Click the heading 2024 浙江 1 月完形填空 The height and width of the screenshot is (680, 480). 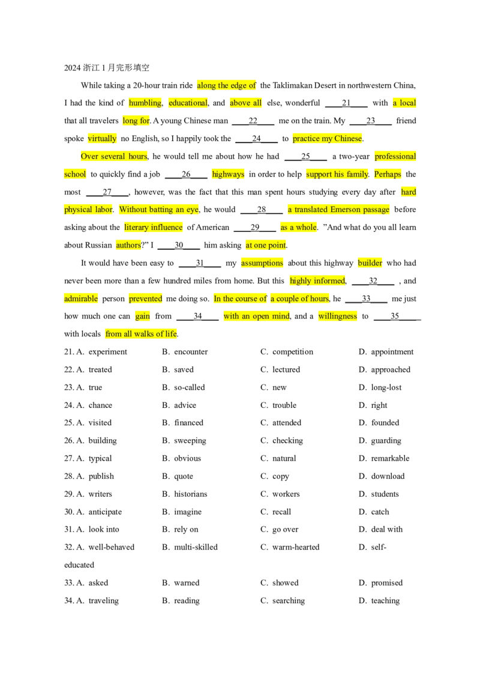point(107,68)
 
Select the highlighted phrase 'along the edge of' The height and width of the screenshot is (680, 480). point(227,85)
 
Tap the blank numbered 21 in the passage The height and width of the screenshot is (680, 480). point(346,103)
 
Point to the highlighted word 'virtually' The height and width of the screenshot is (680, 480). point(102,139)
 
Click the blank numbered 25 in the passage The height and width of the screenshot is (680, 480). point(306,157)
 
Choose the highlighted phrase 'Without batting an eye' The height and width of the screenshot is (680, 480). point(159,210)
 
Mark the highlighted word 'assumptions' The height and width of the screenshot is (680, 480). point(262,263)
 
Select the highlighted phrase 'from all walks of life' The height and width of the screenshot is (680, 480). point(141,334)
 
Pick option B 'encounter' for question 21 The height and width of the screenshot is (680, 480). point(185,351)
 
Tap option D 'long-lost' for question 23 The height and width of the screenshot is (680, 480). point(380,387)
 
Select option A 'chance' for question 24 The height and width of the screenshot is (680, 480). point(94,405)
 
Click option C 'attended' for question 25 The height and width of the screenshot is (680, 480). point(281,423)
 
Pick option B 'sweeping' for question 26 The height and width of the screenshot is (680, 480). point(184,441)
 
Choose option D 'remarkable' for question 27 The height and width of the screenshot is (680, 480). point(384,458)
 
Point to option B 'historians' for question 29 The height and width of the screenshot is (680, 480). point(185,494)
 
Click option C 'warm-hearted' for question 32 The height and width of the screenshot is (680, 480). point(290,547)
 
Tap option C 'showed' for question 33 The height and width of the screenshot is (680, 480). point(280,583)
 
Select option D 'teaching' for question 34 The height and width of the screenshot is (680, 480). point(379,601)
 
